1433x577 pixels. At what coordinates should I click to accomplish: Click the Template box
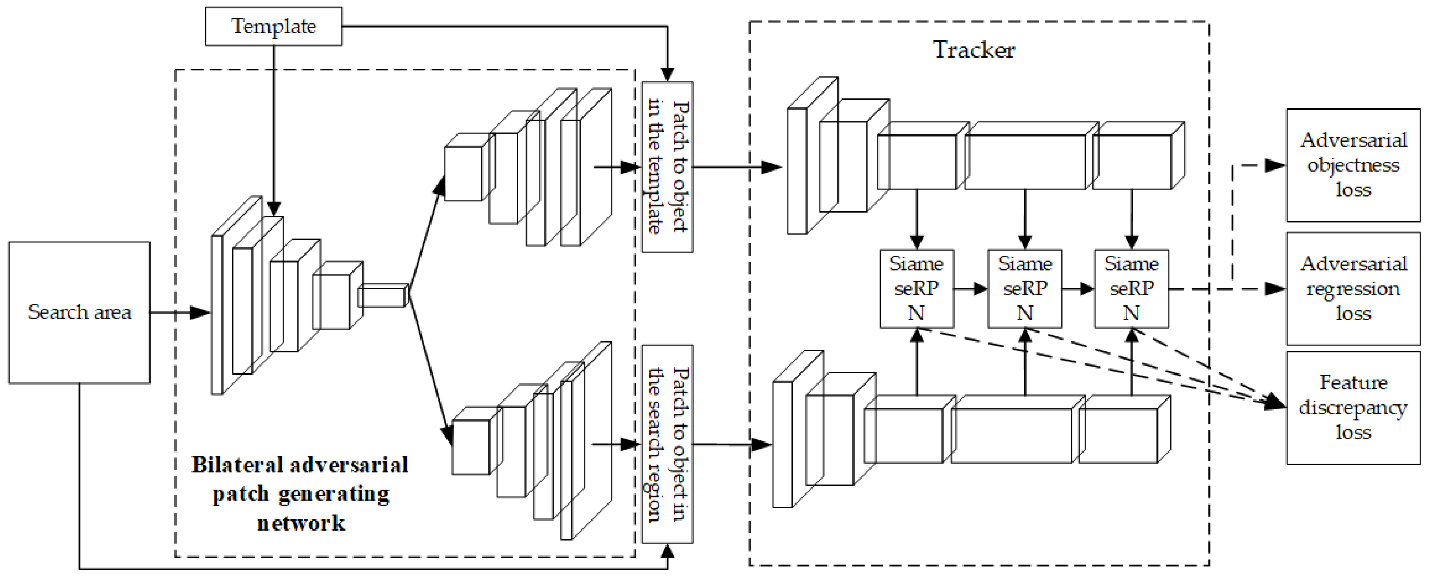pos(273,26)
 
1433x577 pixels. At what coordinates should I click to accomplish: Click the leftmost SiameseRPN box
pos(916,288)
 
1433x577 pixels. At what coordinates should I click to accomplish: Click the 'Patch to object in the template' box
pos(667,167)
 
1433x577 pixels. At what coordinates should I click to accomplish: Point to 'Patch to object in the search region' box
pos(667,444)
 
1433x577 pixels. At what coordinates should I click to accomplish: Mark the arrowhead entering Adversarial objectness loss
pos(1275,165)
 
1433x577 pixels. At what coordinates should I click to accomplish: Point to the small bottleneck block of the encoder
pos(382,296)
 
